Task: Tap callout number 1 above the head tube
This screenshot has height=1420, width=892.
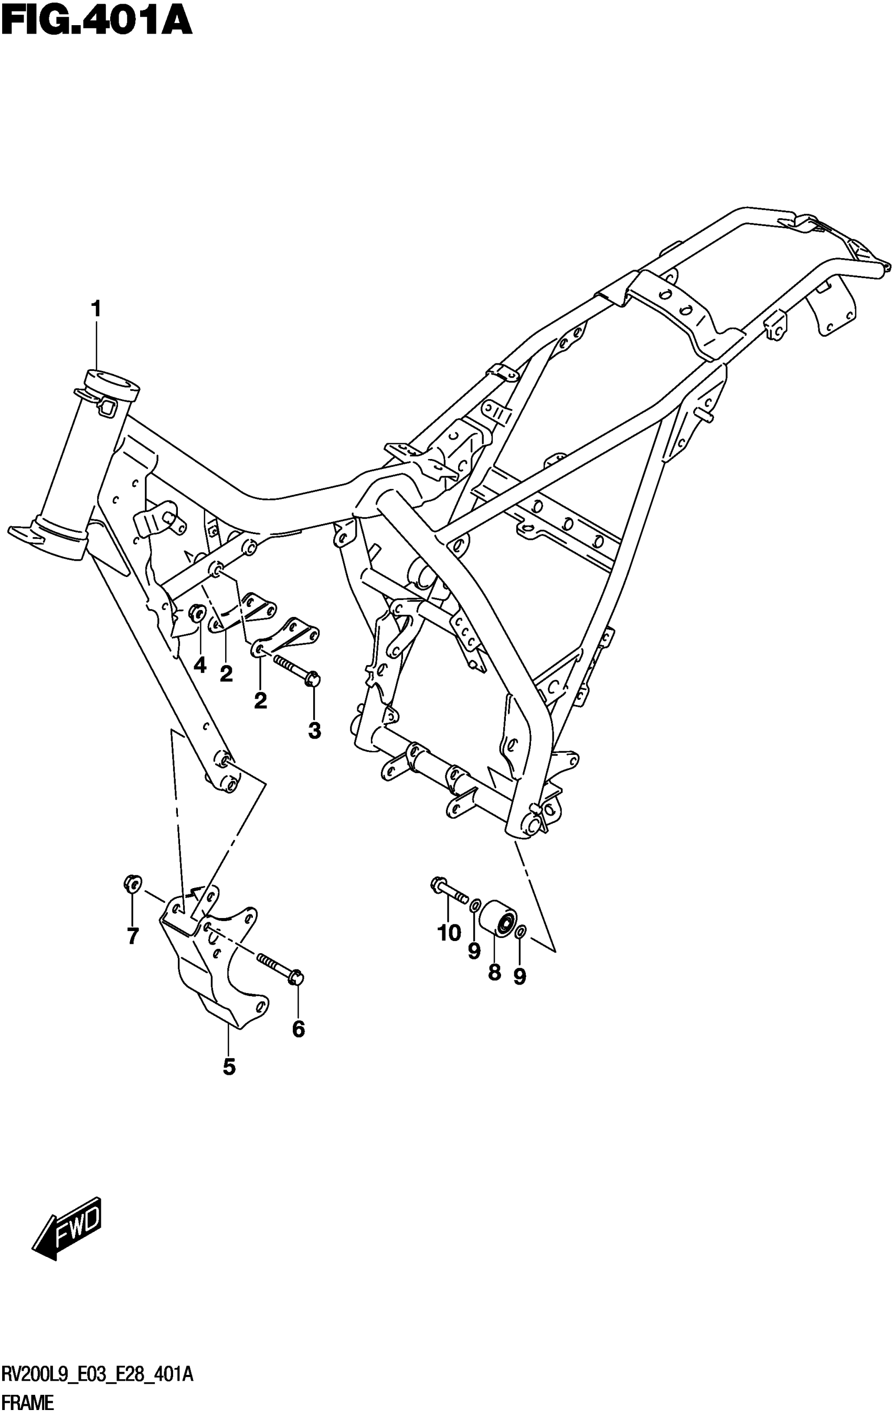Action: (95, 309)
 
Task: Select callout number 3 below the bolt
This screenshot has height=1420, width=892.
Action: (314, 731)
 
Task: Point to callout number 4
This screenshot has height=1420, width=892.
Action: (200, 666)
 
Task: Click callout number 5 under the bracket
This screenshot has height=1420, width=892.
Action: (229, 1067)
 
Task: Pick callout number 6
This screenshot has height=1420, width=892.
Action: (299, 1029)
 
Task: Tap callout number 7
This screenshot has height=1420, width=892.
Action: (133, 936)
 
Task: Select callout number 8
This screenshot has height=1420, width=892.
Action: (494, 972)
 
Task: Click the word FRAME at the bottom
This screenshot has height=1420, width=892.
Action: (28, 1403)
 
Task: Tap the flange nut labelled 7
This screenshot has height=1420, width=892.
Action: (132, 884)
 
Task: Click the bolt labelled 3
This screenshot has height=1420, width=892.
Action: (296, 670)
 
